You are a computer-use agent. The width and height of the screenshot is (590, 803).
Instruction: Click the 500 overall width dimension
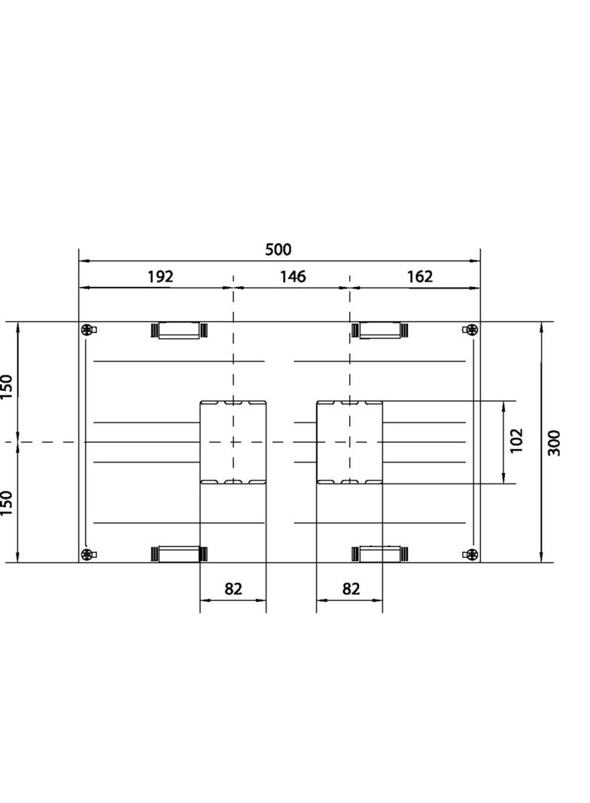click(278, 249)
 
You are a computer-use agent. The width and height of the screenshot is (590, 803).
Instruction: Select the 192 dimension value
click(160, 276)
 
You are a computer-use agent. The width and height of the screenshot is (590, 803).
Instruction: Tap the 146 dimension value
click(293, 276)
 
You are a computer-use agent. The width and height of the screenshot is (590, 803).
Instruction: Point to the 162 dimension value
click(420, 276)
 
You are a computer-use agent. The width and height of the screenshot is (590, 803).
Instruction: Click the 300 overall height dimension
click(555, 442)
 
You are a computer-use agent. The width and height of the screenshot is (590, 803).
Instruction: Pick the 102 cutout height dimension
click(516, 441)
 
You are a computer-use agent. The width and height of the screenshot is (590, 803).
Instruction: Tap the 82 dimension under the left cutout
click(233, 588)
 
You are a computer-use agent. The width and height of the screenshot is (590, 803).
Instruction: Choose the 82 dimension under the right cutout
click(351, 588)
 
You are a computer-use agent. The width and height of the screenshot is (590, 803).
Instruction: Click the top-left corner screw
click(89, 330)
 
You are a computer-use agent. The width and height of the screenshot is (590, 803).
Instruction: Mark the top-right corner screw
click(470, 330)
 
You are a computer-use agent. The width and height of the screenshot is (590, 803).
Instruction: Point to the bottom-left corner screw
click(89, 555)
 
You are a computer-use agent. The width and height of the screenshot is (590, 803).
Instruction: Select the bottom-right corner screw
click(470, 555)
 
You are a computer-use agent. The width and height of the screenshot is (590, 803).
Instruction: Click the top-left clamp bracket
click(179, 330)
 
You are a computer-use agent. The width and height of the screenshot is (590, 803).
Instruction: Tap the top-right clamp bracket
click(381, 330)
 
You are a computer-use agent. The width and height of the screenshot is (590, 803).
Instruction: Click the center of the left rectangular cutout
click(233, 442)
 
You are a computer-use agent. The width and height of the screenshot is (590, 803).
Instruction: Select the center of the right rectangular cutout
click(350, 442)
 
